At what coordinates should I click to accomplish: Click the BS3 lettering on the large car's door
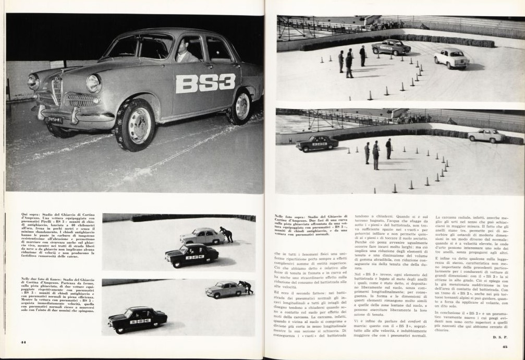pos(205,83)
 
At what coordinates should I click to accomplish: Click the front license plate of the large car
pos(55,119)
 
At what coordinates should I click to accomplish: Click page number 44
pos(23,342)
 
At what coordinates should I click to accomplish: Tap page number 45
pos(505,346)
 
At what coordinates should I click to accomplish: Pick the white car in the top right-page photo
pos(451,58)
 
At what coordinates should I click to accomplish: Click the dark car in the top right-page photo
pos(391,47)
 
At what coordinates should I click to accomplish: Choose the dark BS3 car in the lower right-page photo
pos(317,142)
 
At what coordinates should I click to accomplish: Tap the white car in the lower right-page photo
pos(487,136)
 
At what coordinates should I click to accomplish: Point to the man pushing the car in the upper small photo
pos(227,234)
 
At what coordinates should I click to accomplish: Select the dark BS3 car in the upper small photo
pos(191,255)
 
